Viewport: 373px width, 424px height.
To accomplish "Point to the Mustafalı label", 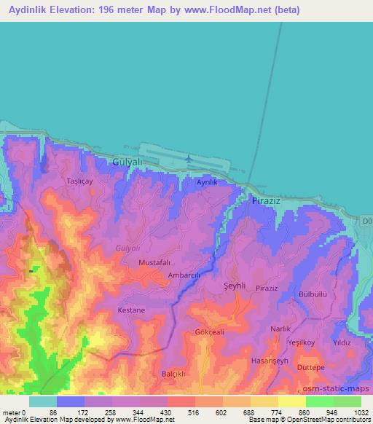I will click(x=154, y=262).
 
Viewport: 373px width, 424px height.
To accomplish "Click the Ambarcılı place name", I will click(x=184, y=275).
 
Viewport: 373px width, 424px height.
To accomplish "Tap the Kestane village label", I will click(x=132, y=310).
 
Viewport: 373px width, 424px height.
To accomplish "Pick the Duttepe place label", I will click(x=311, y=368).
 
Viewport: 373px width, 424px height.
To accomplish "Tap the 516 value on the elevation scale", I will click(x=177, y=412).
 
